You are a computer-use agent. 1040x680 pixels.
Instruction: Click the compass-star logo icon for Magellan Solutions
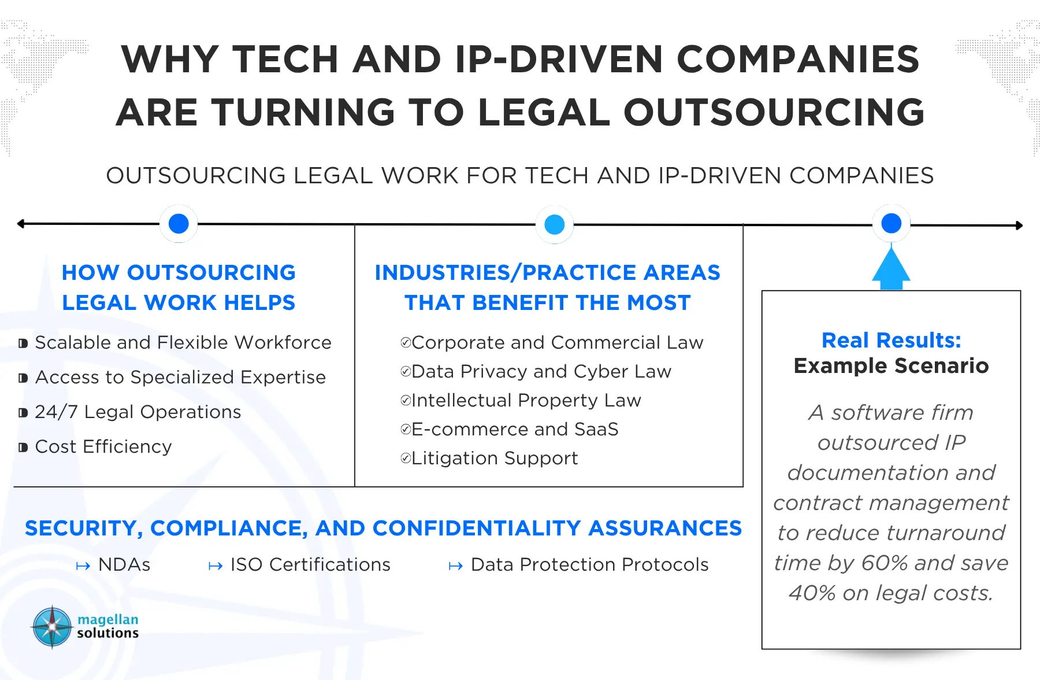point(52,627)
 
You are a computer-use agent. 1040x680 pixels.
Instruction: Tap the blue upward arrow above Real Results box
point(891,268)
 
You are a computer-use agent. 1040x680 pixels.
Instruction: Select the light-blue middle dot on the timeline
point(555,224)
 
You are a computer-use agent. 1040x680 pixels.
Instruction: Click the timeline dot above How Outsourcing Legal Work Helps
point(179,223)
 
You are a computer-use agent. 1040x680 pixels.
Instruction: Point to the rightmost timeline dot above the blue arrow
point(892,223)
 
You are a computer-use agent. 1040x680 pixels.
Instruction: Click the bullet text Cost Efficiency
point(103,446)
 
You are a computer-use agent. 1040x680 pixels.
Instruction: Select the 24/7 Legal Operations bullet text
point(138,412)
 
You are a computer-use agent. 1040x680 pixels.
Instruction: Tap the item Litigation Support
point(495,458)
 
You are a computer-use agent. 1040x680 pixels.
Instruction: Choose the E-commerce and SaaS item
point(515,429)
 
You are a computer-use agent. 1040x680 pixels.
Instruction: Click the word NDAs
point(124,564)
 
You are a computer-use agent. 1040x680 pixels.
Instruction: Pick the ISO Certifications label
point(310,564)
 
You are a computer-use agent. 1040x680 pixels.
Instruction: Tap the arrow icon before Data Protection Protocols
point(456,566)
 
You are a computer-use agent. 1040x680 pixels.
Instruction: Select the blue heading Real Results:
point(892,341)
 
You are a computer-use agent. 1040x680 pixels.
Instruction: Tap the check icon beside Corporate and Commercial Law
point(406,343)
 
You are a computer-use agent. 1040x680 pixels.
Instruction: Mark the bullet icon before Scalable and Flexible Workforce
point(23,343)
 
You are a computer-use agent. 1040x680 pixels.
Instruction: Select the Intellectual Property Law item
point(526,400)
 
